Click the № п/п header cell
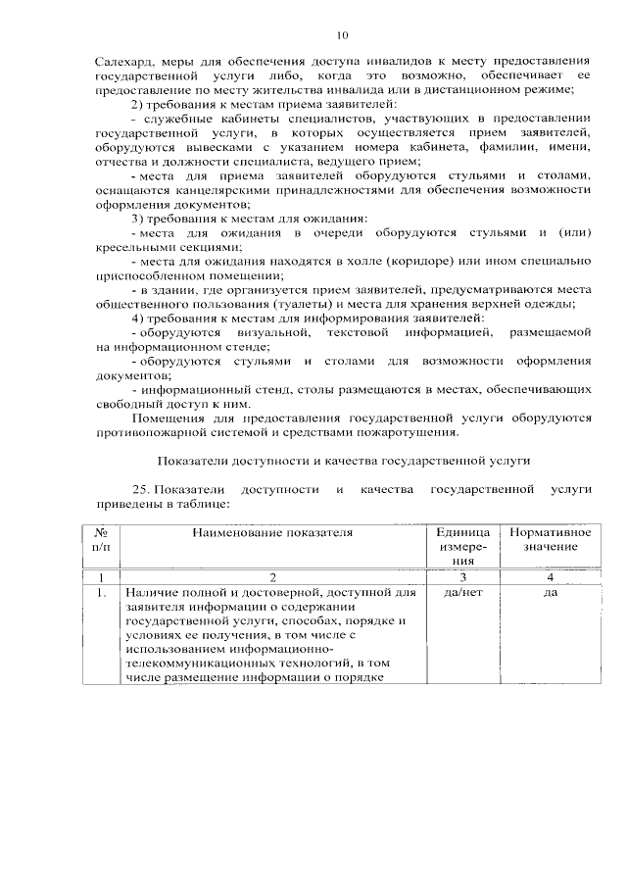click(x=101, y=538)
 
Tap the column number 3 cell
click(x=463, y=577)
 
